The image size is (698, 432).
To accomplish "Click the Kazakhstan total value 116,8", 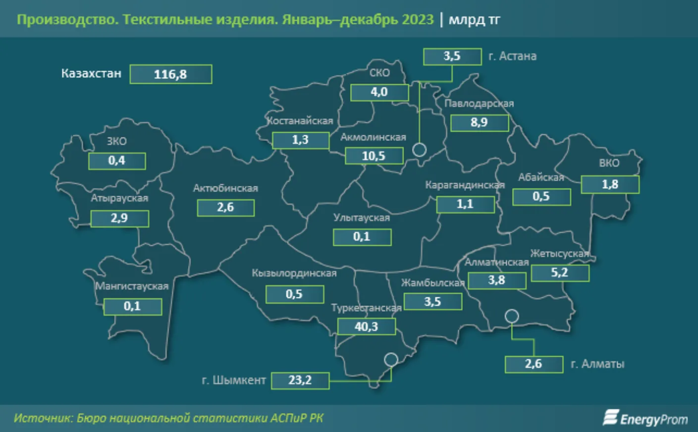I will [170, 74].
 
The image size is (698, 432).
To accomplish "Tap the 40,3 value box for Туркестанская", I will [366, 326].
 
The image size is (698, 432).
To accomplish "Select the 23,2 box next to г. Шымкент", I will [300, 380].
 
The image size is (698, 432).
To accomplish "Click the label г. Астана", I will [512, 56].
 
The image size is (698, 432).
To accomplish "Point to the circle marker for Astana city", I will [419, 149].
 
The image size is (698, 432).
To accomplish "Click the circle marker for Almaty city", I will [512, 316].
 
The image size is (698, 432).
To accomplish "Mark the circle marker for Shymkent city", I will [391, 359].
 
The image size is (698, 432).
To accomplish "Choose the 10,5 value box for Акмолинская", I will [374, 156].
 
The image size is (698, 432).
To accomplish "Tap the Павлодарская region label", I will [479, 104].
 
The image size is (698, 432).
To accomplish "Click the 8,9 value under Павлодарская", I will [479, 122].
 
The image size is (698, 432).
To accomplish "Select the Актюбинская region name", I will [225, 188].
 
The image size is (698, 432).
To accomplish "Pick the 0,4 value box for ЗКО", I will [117, 161].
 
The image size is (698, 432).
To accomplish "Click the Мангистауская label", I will [132, 286].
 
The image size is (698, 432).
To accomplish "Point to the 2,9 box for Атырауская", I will [119, 218].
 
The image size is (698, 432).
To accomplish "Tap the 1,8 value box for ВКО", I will [610, 184].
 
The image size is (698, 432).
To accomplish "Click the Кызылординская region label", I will [294, 273].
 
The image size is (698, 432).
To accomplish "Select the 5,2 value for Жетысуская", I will [560, 272].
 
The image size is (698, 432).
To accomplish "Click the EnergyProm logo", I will [645, 419].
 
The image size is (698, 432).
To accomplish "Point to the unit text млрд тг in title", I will [474, 20].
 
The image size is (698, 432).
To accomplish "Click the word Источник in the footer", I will [43, 418].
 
